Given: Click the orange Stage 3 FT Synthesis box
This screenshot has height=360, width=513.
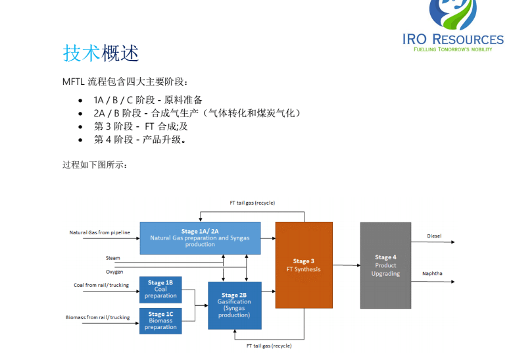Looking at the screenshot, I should tap(303, 265).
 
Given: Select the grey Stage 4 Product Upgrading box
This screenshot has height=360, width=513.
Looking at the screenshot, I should tap(385, 265).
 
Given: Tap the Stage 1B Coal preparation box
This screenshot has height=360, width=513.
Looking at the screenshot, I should tap(160, 290).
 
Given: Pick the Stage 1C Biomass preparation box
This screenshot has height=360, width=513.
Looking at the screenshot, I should tap(160, 321).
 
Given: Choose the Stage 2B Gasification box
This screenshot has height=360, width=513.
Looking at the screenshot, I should tap(234, 305).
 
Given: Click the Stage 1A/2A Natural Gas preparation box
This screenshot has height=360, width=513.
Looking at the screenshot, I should tap(200, 238).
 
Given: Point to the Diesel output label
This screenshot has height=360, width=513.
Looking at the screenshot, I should tap(434, 236).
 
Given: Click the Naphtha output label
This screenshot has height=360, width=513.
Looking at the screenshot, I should tap(433, 273).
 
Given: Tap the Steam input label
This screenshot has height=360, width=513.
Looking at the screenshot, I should tap(113, 258).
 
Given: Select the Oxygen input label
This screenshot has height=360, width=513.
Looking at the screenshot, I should tap(114, 271).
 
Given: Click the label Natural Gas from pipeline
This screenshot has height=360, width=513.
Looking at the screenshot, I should tap(100, 232).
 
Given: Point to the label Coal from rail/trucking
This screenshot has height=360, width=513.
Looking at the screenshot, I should tap(101, 285).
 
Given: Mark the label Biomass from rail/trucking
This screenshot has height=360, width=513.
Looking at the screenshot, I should tap(98, 317).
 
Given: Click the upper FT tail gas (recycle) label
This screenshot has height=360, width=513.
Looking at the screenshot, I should tap(252, 203).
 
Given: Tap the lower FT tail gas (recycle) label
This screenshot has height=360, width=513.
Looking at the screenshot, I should tap(269, 346).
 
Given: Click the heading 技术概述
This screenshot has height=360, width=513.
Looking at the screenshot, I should tap(101, 53).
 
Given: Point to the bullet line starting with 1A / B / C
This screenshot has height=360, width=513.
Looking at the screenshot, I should tap(148, 100).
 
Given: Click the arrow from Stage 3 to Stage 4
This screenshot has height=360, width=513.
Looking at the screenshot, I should tap(346, 265).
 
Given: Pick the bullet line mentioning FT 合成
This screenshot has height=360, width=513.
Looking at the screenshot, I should tap(141, 126).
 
